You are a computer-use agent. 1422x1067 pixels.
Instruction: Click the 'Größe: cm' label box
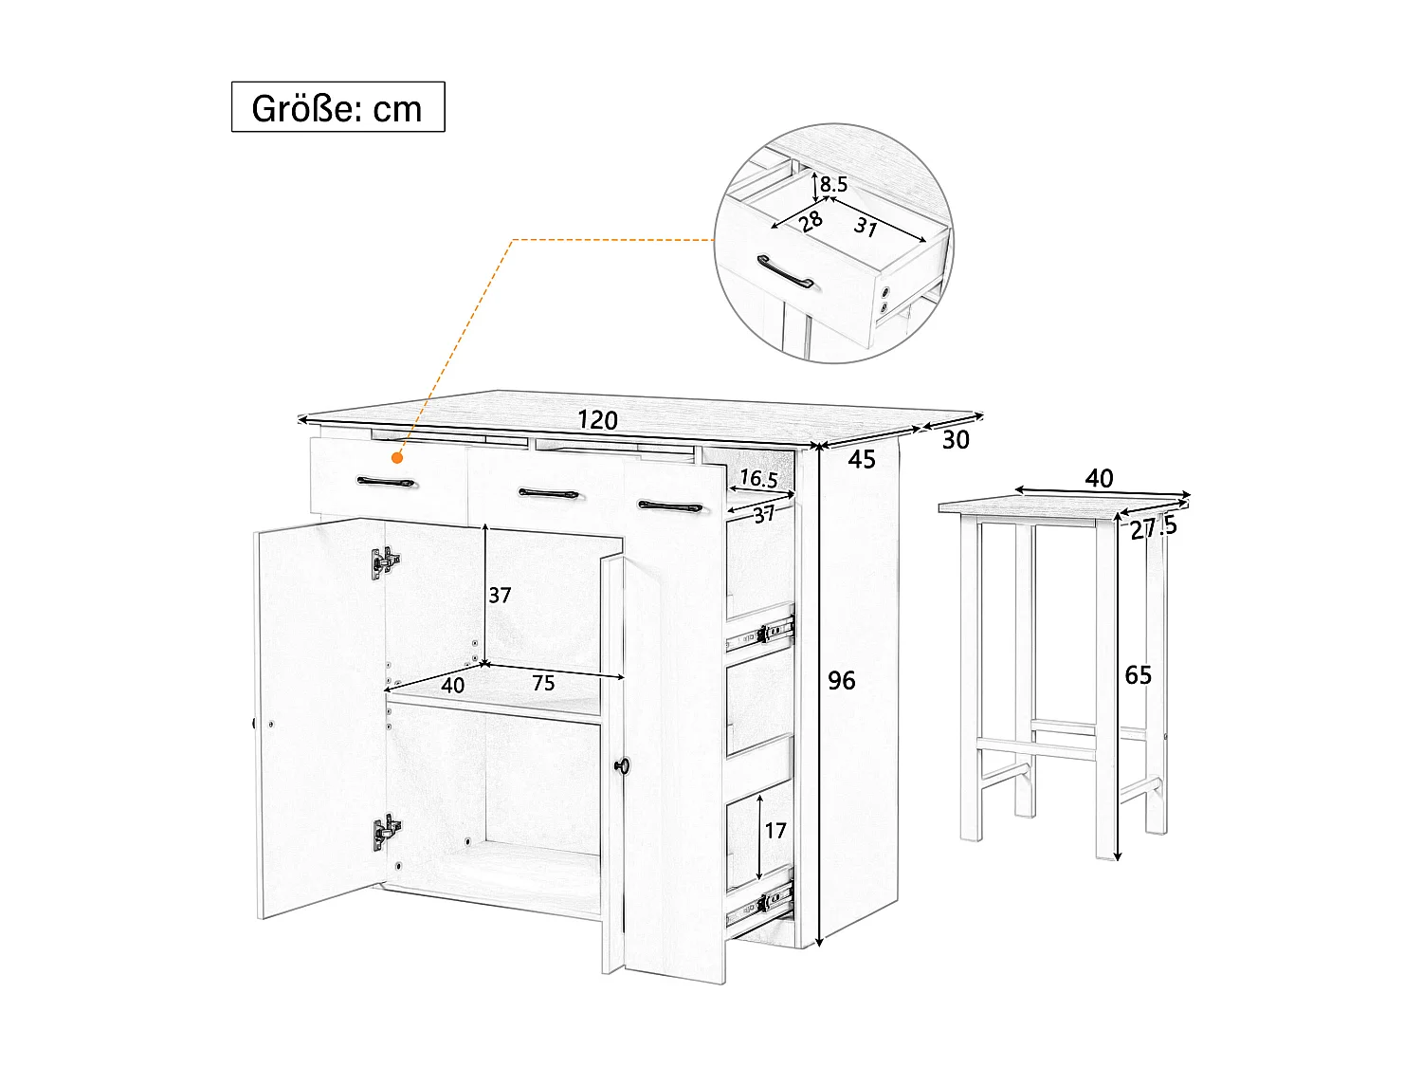[337, 107]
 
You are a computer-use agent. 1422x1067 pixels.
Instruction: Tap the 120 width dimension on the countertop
[597, 420]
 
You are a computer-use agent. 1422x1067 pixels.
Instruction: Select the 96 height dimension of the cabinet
[841, 680]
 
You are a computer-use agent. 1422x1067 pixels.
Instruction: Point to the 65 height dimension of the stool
[1138, 674]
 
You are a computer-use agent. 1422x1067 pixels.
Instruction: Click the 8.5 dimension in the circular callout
[833, 185]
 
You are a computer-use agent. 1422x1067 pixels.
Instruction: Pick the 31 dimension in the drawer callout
[866, 227]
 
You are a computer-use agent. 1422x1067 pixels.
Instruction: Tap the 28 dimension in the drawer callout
[811, 221]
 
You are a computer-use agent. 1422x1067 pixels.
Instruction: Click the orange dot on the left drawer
[397, 458]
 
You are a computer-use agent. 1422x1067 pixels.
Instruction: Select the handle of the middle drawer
[551, 494]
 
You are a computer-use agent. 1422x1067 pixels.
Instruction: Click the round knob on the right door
[622, 764]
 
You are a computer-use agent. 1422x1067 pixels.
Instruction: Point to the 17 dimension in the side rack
[775, 830]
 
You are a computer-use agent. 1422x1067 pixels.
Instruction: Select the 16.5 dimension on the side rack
[758, 479]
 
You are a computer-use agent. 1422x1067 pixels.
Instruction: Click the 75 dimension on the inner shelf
[543, 683]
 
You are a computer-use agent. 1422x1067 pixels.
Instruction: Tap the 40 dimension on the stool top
[1099, 478]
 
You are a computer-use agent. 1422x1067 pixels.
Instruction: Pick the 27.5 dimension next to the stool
[1154, 527]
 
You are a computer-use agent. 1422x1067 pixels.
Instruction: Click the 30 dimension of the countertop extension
[956, 440]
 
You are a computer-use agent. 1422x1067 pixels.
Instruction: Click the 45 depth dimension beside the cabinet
[862, 459]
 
